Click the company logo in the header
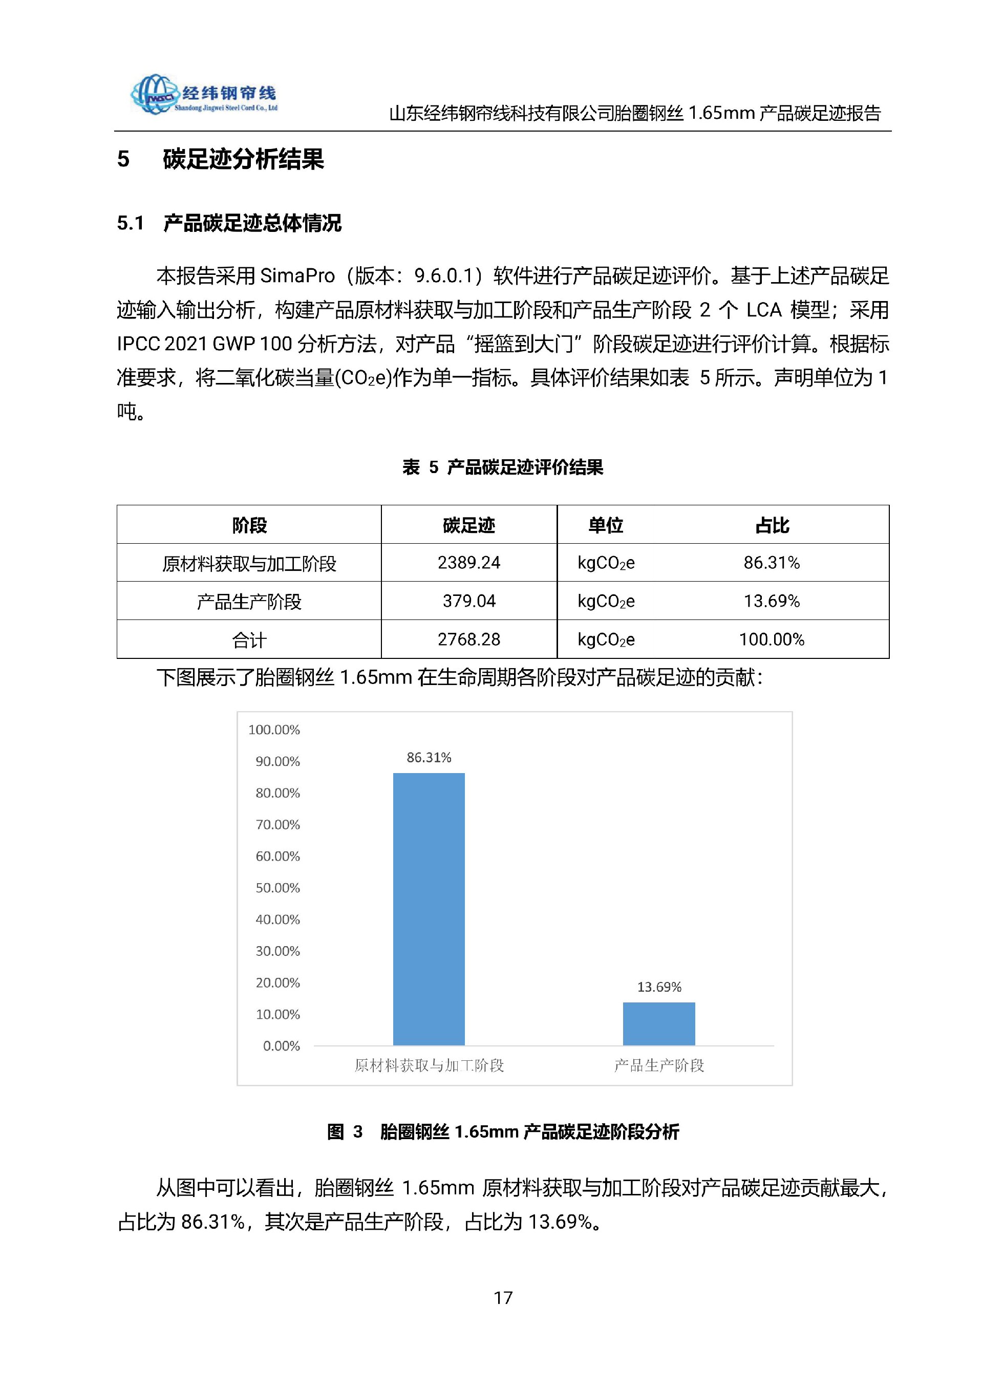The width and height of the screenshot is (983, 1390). [x=203, y=94]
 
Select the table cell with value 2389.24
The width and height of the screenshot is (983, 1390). [x=468, y=563]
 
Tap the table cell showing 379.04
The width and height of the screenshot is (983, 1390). [x=468, y=601]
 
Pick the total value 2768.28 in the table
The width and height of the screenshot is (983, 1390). [x=468, y=639]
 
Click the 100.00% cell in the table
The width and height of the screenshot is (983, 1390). [x=771, y=639]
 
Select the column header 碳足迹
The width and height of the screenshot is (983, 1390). [x=468, y=525]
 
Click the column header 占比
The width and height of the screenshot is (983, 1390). [x=772, y=525]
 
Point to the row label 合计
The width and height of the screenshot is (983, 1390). [x=249, y=640]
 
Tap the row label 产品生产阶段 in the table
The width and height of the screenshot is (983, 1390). [x=249, y=601]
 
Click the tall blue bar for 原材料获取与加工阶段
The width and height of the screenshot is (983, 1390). [x=429, y=908]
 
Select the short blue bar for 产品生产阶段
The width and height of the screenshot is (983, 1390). [x=658, y=1023]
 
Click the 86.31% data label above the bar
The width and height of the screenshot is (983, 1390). [x=429, y=757]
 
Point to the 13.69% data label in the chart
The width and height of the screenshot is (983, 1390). [x=658, y=987]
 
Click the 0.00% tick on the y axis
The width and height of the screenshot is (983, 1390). [x=281, y=1045]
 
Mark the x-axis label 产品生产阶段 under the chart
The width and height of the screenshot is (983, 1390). [x=658, y=1065]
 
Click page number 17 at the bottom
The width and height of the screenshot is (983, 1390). [x=503, y=1298]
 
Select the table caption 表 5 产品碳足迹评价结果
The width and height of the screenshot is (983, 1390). [x=502, y=467]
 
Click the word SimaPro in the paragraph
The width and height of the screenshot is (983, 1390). [x=297, y=276]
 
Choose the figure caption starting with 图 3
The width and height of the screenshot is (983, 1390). [x=502, y=1131]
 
